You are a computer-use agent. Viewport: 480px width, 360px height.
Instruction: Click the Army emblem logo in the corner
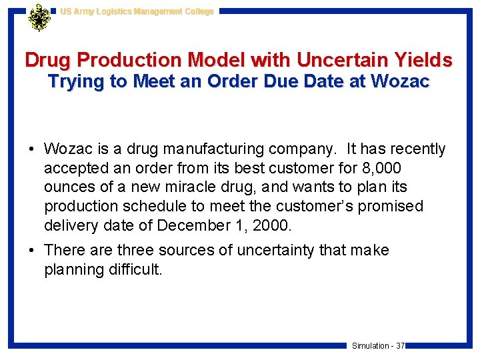click(39, 17)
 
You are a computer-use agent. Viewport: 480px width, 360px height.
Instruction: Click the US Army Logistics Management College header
click(137, 11)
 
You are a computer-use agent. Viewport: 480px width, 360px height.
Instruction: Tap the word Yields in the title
click(424, 60)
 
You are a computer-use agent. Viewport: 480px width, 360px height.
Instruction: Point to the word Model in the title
click(214, 60)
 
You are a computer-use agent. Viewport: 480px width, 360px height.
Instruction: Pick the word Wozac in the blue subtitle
click(401, 82)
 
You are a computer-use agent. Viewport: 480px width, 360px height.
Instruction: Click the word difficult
click(131, 270)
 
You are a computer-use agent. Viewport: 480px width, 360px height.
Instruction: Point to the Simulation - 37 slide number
click(378, 345)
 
